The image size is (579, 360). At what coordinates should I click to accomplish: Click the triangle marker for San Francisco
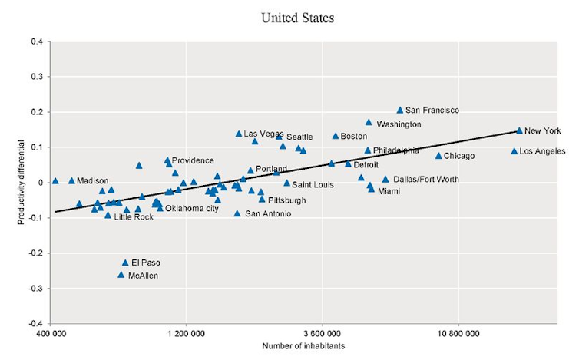(400, 111)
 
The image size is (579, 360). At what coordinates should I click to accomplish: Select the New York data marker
(519, 130)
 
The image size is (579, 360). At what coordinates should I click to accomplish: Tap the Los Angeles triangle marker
(514, 151)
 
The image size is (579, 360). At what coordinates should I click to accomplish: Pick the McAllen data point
(121, 275)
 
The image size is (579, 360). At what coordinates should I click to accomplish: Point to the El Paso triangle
(125, 263)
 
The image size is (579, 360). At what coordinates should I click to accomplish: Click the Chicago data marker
(438, 156)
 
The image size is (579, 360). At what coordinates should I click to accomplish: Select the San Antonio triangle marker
(237, 213)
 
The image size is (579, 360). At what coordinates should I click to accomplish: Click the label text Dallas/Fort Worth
(426, 180)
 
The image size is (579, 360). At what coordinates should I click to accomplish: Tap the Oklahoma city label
(192, 208)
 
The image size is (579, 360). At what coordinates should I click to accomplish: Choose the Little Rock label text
(134, 217)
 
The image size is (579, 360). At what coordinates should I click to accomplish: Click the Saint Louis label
(313, 185)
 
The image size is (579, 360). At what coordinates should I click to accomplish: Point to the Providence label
(193, 160)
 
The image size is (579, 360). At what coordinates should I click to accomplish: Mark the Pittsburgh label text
(286, 200)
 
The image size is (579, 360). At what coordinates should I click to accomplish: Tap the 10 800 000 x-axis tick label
(458, 334)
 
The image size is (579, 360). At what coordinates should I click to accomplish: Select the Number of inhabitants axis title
(304, 347)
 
